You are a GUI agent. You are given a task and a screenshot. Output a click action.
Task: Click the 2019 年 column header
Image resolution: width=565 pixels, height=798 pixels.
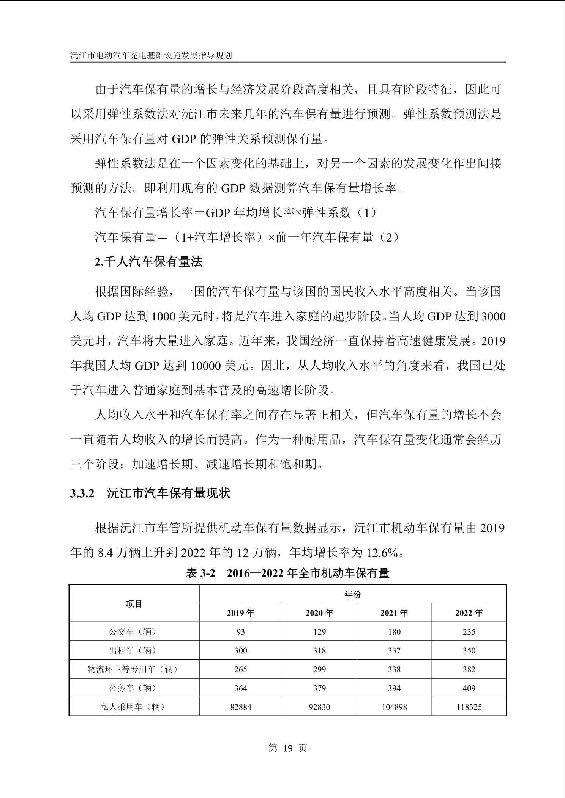pyautogui.click(x=241, y=613)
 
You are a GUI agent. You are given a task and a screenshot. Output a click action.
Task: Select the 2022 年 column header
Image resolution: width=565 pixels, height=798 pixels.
pyautogui.click(x=469, y=613)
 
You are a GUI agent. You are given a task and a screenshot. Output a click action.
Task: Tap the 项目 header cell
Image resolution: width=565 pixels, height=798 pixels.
pyautogui.click(x=134, y=603)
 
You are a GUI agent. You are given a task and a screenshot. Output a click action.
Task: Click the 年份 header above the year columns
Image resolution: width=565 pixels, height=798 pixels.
pyautogui.click(x=352, y=594)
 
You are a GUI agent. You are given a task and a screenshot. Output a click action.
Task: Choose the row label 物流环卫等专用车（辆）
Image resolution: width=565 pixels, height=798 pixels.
pyautogui.click(x=133, y=669)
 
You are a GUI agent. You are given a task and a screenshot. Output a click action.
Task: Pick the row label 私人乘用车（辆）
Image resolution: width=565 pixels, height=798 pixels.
pyautogui.click(x=133, y=707)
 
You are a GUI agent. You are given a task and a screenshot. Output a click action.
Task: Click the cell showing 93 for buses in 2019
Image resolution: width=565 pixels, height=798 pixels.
pyautogui.click(x=241, y=631)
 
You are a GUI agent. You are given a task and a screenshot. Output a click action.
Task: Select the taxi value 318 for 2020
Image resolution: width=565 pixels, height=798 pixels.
pyautogui.click(x=319, y=650)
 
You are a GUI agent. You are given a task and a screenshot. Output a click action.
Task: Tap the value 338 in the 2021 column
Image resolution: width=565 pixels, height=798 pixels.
pyautogui.click(x=394, y=669)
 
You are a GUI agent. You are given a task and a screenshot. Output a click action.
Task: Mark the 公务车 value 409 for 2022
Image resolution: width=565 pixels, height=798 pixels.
pyautogui.click(x=469, y=688)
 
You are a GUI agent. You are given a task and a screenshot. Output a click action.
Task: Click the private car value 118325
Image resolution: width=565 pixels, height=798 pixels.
pyautogui.click(x=469, y=707)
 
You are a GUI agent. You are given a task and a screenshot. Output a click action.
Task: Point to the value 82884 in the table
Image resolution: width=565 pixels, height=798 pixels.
pyautogui.click(x=241, y=707)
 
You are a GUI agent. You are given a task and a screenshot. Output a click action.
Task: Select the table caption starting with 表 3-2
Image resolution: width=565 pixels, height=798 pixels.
pyautogui.click(x=288, y=573)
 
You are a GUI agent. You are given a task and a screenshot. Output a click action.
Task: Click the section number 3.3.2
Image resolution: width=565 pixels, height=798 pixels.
pyautogui.click(x=82, y=493)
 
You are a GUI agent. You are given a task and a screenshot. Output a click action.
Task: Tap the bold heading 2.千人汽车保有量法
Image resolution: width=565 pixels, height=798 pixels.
pyautogui.click(x=148, y=262)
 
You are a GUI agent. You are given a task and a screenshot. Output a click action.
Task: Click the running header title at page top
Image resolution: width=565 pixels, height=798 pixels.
pyautogui.click(x=151, y=55)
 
